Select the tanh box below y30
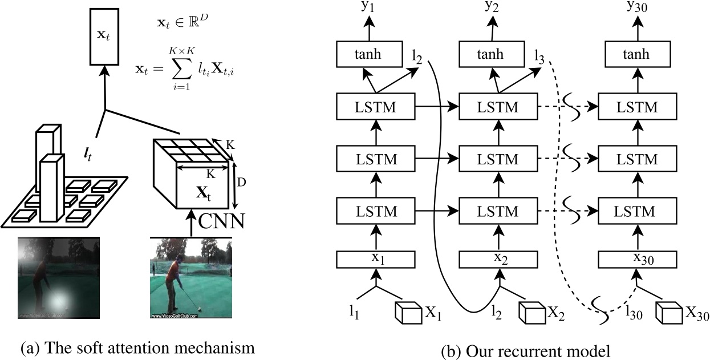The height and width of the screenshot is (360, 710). pos(636,55)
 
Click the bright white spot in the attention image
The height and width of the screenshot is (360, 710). pos(60,297)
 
